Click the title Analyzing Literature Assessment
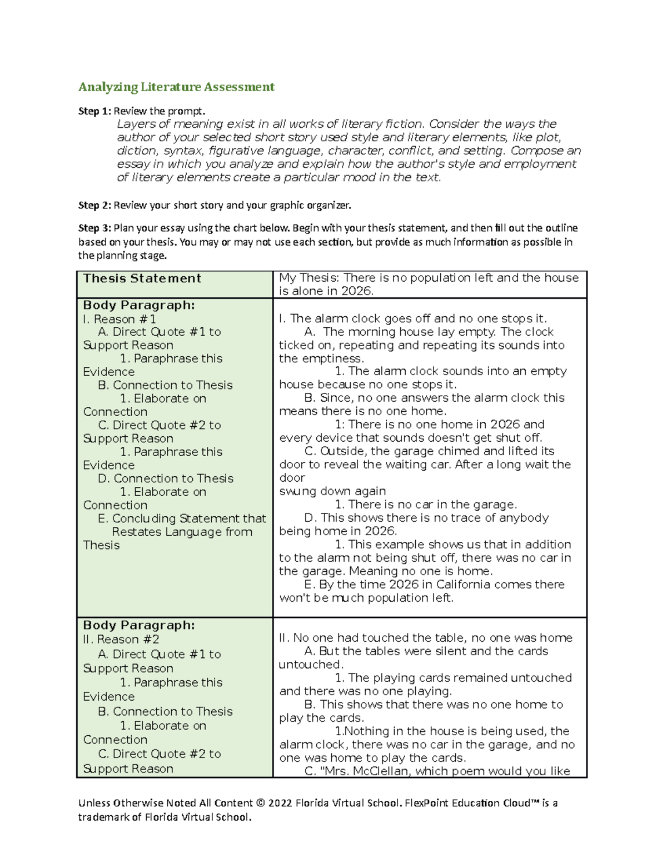click(176, 87)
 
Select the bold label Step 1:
click(94, 111)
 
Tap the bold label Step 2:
click(94, 206)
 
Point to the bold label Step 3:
click(94, 228)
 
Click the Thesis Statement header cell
click(142, 278)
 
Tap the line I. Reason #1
click(120, 319)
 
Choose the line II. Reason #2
click(121, 639)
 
